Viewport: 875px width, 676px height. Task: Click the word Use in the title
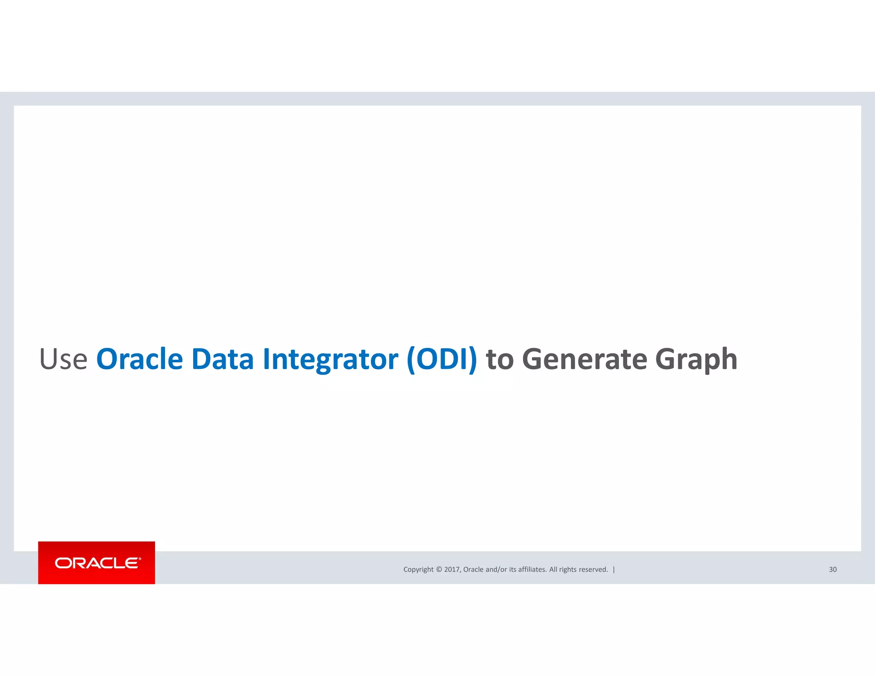63,359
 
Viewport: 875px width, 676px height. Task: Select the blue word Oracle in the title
140,359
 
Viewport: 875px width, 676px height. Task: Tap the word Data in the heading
222,359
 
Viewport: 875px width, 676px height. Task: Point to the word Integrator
330,360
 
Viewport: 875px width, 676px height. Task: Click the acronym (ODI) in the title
442,360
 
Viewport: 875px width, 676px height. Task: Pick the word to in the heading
499,360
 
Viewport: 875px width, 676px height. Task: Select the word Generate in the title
584,360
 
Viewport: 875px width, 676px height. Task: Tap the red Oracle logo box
97,562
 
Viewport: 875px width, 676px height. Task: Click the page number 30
833,569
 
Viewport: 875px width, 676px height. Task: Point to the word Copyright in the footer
418,570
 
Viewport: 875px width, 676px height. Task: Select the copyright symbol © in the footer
439,569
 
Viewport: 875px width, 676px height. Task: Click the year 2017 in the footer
452,569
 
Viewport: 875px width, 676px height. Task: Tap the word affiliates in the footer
532,569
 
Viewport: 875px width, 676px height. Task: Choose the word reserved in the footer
593,569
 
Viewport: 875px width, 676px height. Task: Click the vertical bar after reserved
614,569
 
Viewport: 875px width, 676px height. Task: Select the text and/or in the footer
496,569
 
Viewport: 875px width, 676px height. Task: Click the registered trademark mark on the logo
140,558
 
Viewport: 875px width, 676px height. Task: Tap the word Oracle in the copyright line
473,569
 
